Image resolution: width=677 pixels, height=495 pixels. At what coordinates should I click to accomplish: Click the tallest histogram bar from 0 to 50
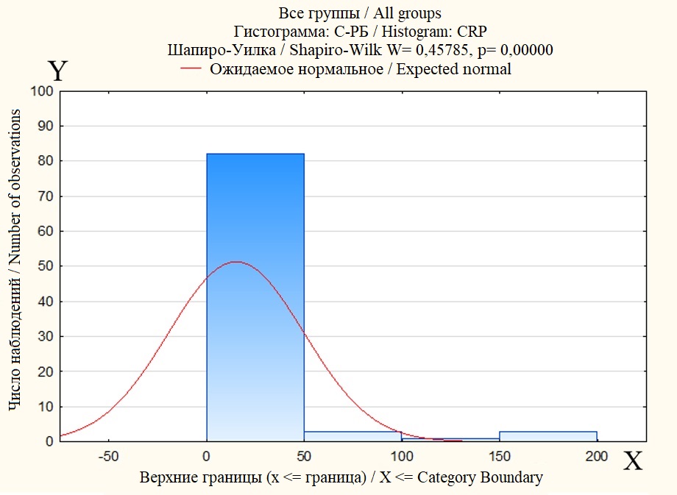255,294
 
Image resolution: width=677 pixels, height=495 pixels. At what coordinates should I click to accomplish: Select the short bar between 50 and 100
352,436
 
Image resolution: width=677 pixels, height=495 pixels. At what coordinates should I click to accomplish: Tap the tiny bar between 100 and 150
450,439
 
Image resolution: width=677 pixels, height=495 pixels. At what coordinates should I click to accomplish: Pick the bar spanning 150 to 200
547,436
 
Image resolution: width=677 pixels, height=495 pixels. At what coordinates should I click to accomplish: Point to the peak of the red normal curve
235,262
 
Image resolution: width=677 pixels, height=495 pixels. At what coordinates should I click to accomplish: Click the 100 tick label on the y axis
42,91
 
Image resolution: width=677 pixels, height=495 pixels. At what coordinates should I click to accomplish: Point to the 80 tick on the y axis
46,161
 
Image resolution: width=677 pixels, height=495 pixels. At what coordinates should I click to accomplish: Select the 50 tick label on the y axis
46,266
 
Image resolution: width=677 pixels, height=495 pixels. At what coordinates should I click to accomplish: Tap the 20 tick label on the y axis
46,371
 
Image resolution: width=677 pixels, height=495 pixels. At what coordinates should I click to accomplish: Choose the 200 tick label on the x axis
596,456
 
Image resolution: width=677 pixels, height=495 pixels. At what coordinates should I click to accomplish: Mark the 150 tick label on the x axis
499,456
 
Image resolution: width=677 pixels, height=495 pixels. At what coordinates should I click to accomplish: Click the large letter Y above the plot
58,71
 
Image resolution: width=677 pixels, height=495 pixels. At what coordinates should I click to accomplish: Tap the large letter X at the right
633,461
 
